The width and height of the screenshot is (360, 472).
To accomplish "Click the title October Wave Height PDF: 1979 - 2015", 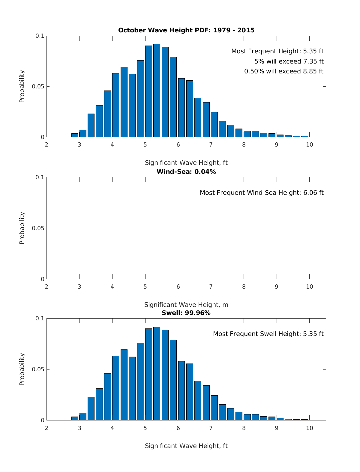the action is tap(186, 30).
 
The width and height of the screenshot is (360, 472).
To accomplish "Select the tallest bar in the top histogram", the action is tap(157, 91).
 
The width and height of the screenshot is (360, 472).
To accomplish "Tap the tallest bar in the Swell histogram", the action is tap(157, 373).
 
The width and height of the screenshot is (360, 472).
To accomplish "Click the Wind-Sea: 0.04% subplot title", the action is tap(186, 172).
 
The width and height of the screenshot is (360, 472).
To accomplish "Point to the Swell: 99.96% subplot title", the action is tap(186, 313).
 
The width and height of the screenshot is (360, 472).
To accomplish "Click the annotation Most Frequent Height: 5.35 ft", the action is tap(277, 51).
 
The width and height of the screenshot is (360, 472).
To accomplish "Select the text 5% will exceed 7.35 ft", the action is tap(289, 61).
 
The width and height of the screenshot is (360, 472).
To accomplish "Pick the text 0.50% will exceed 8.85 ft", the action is tap(284, 71).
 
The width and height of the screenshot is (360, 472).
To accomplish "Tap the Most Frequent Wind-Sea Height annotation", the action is tap(262, 193).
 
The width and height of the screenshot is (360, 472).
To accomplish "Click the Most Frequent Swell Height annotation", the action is tap(268, 334).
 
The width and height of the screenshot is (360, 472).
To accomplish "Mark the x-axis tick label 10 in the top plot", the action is tap(309, 145).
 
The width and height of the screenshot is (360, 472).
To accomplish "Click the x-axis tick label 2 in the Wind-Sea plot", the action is tap(46, 286).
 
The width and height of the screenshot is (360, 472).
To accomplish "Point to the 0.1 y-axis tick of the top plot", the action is tap(40, 36).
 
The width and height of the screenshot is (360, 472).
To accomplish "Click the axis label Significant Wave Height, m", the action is tap(186, 305).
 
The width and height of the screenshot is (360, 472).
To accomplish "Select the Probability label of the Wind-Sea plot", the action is tap(22, 228).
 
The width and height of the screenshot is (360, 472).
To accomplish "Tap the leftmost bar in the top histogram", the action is tap(75, 135).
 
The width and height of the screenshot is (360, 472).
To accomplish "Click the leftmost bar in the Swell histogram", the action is tap(75, 418).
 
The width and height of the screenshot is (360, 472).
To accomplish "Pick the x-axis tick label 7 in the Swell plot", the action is tap(211, 428).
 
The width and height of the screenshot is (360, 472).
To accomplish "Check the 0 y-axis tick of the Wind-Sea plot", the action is tap(42, 279).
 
